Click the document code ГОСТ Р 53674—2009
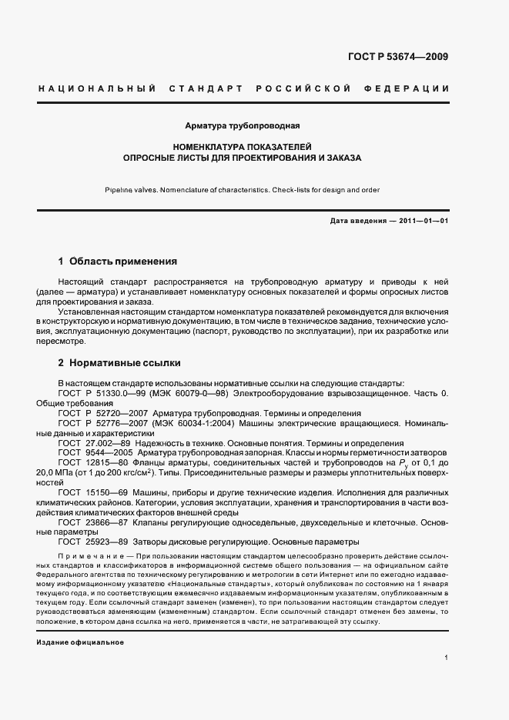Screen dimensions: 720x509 pos(409,56)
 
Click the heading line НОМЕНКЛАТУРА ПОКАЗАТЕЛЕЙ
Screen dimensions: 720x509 pos(243,145)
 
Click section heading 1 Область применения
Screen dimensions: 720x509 pos(118,262)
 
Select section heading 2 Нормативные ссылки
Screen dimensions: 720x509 pos(119,362)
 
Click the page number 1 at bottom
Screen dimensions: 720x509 pos(447,658)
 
